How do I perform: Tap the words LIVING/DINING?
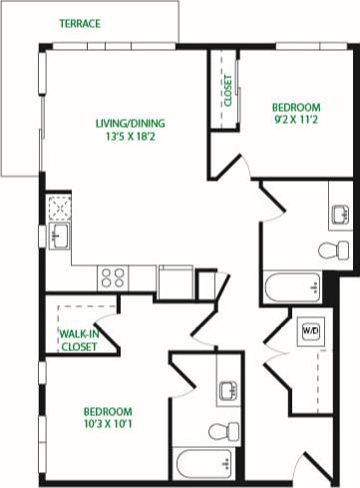click(130, 124)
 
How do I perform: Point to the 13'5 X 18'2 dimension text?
click(130, 138)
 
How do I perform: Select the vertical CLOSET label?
click(227, 91)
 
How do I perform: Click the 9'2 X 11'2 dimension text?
click(295, 121)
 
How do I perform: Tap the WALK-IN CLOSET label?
click(79, 340)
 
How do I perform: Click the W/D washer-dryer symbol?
click(309, 329)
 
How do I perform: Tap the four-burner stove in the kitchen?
click(113, 276)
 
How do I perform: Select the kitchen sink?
click(59, 238)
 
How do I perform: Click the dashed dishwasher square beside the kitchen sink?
click(59, 208)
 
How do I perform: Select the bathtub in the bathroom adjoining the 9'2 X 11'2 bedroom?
click(292, 289)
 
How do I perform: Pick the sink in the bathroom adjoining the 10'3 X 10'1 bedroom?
click(225, 392)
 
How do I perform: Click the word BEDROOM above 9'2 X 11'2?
click(295, 107)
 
